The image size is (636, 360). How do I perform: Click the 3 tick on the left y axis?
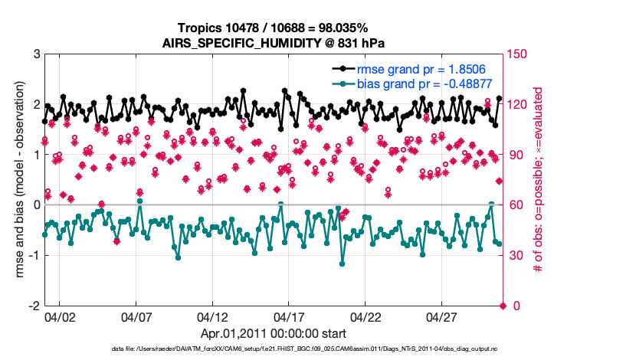pos(37,54)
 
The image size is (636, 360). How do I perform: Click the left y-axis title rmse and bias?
pos(17,180)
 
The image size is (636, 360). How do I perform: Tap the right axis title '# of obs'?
pos(539,180)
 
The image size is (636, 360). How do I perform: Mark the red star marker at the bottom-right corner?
pos(503,306)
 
